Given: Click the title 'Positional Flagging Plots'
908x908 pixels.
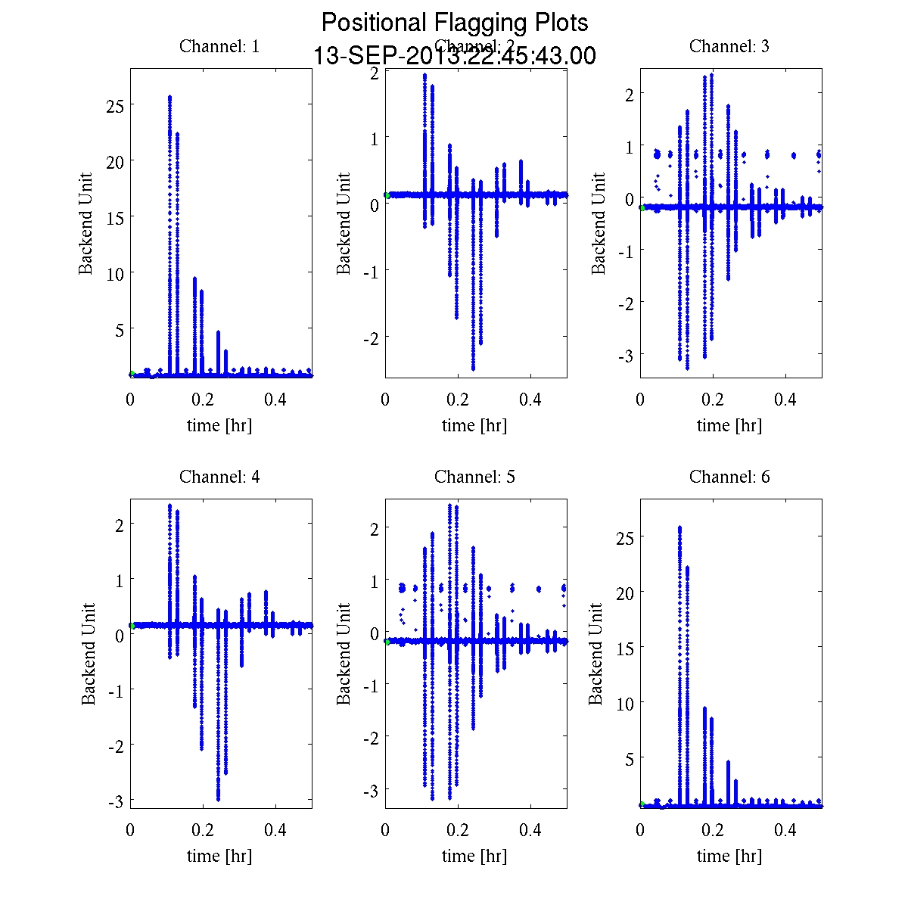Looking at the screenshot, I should point(455,23).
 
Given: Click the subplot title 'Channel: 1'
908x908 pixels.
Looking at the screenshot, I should point(219,46).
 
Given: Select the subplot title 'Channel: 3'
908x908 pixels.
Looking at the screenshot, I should point(729,46).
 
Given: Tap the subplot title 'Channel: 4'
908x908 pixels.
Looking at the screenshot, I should point(219,477).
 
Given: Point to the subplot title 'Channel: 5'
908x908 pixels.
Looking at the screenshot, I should point(474,477).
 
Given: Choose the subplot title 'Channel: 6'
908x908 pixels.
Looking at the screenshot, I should point(729,477).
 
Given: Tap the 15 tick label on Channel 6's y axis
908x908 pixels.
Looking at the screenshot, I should point(625,647).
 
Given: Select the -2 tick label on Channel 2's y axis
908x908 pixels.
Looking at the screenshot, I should point(371,337).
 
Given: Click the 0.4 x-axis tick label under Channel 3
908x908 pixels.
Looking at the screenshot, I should point(785,400).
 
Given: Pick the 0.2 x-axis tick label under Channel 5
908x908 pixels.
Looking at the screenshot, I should point(458,830).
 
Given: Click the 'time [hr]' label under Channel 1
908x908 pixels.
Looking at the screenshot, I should point(219,425).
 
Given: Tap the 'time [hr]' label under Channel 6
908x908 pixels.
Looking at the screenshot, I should point(729,856).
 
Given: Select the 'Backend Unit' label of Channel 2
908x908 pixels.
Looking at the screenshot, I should point(344,223).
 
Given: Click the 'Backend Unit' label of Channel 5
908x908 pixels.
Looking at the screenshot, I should point(344,654).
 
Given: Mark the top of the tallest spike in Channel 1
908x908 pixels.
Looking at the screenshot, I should point(169,97).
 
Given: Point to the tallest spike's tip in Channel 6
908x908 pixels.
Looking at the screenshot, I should point(679,527).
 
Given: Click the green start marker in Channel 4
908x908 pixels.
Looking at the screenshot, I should point(132,626).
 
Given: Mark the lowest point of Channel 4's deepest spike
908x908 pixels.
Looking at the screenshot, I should point(218,799).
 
